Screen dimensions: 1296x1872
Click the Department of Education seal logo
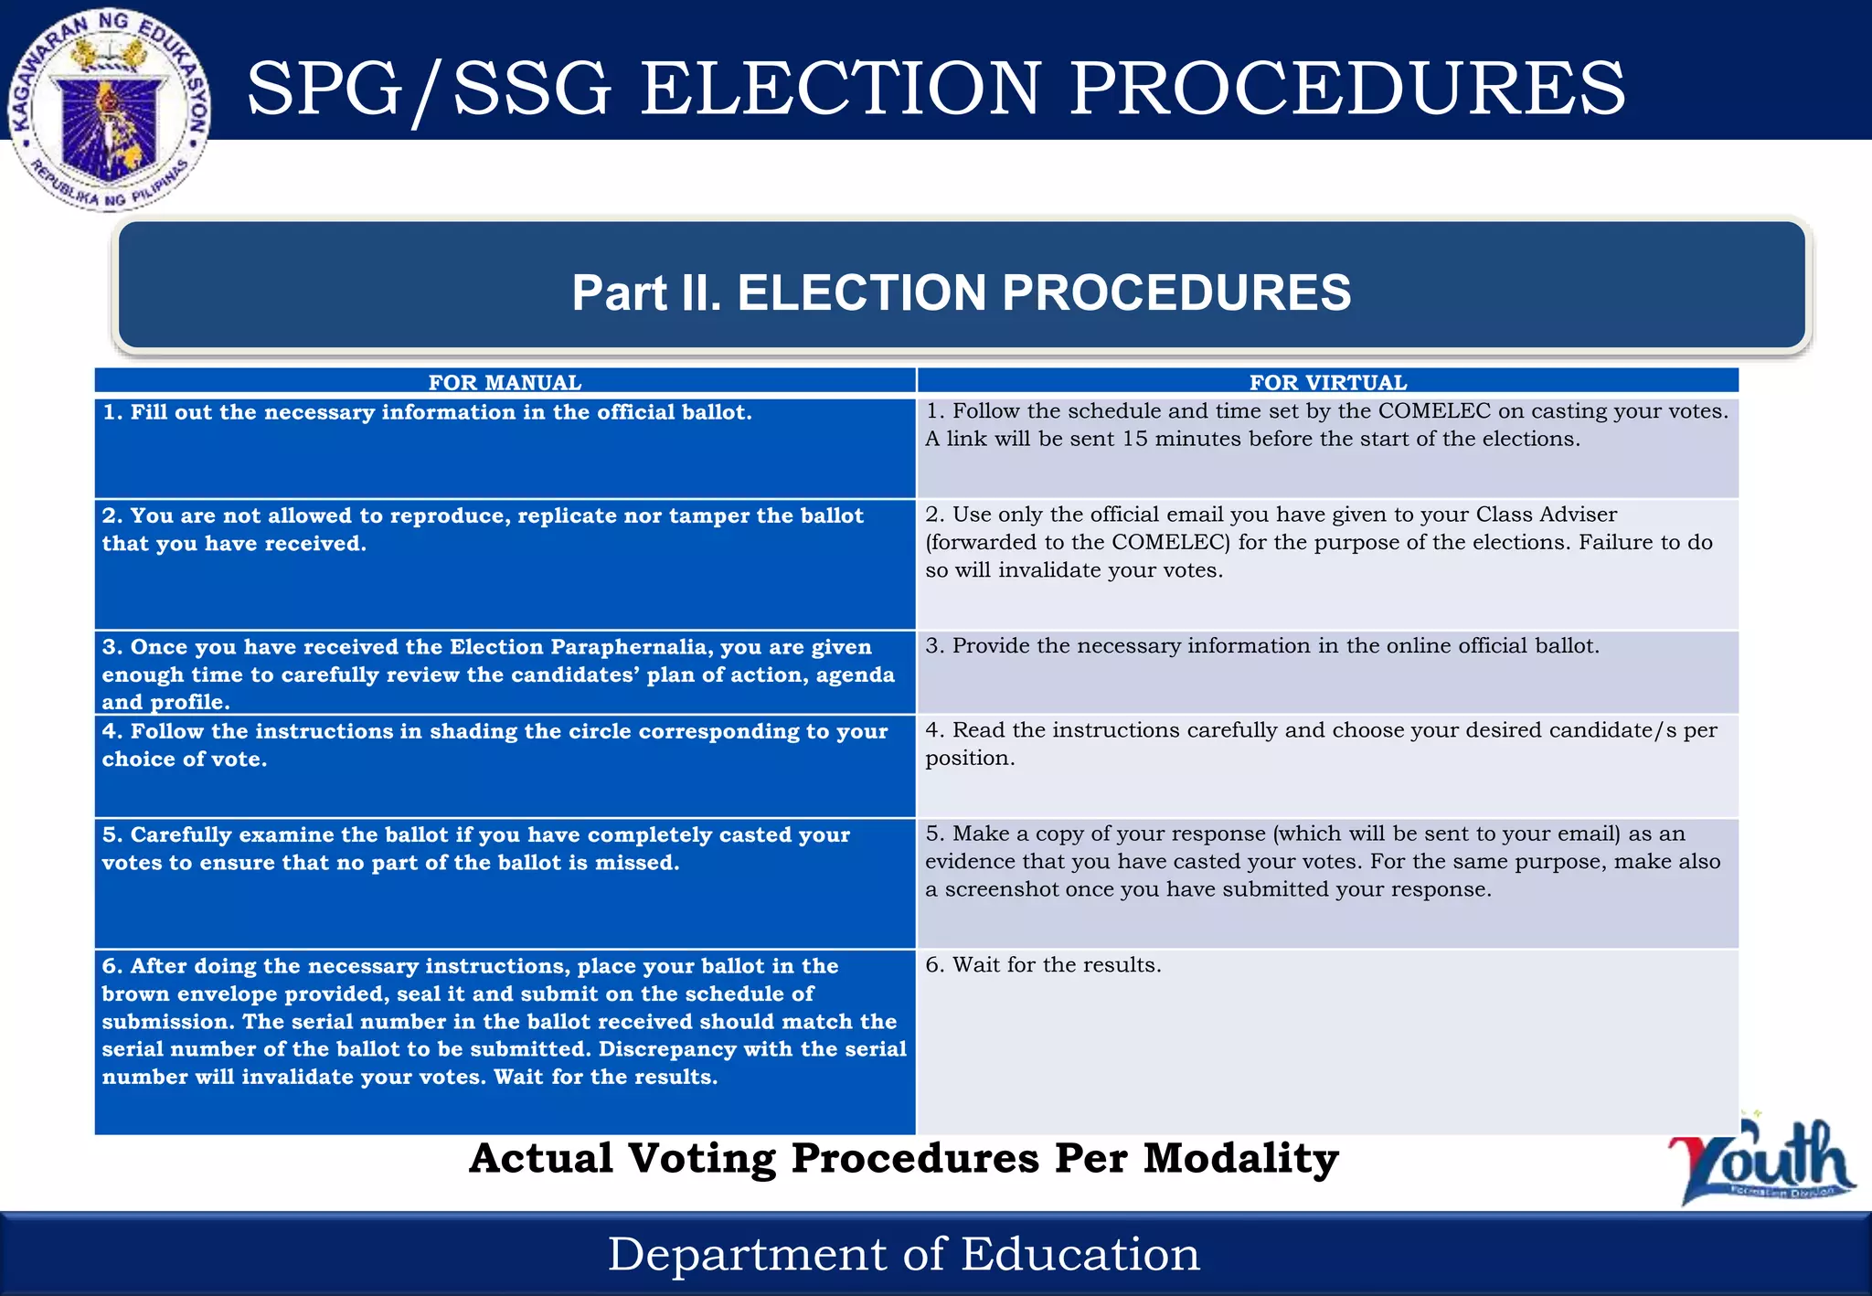point(110,110)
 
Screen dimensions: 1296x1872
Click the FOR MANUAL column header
point(505,382)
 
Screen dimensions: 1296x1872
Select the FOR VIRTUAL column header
point(1327,382)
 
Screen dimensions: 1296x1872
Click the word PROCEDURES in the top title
point(1347,89)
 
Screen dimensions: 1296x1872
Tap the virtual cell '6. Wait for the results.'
point(1043,965)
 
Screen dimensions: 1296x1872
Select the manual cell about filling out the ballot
point(427,413)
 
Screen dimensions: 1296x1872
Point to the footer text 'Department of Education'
point(903,1254)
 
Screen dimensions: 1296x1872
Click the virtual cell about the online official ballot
point(1262,646)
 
